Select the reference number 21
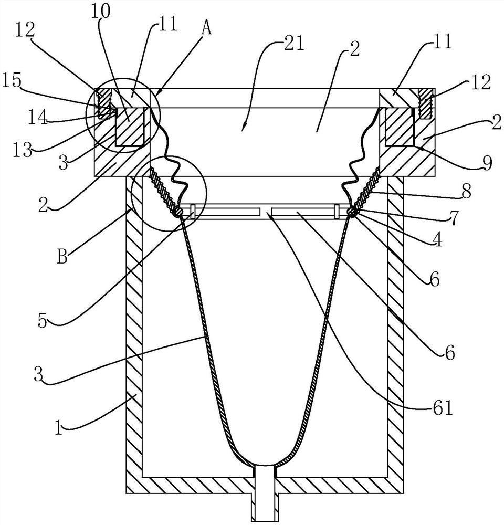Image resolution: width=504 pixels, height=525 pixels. pos(293,44)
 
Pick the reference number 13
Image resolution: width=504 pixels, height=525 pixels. pos(22,150)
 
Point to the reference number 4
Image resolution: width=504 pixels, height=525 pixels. pos(437,240)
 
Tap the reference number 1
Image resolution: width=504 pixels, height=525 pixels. pos(59,428)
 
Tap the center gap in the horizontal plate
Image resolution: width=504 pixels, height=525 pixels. pos(266,212)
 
